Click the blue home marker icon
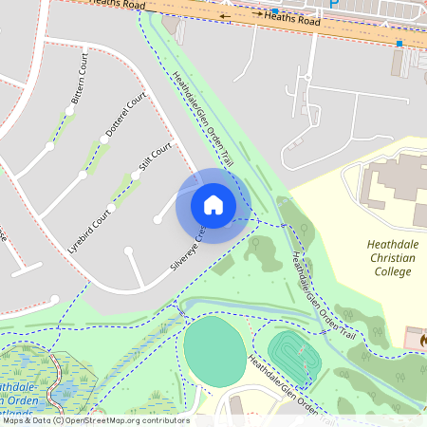pyautogui.click(x=213, y=204)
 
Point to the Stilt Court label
pyautogui.click(x=155, y=157)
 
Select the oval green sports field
pyautogui.click(x=213, y=351)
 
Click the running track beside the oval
pyautogui.click(x=293, y=357)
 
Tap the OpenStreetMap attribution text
pyautogui.click(x=95, y=419)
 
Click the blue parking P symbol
pyautogui.click(x=333, y=4)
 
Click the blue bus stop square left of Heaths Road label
pyautogui.click(x=275, y=12)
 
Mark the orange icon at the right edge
pyautogui.click(x=421, y=338)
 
